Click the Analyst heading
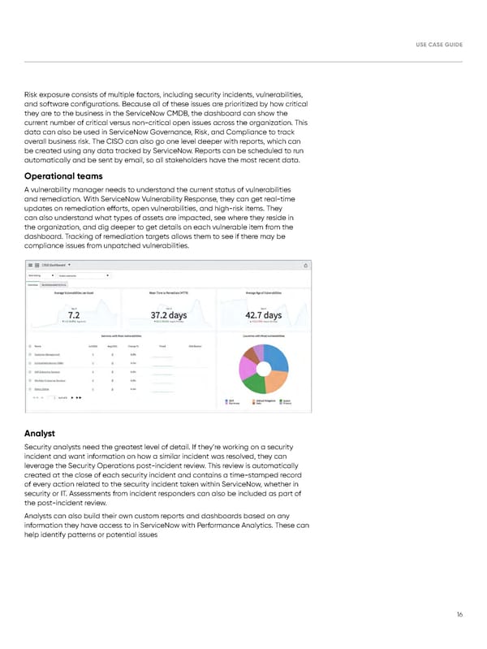[x=41, y=433]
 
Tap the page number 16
[x=459, y=615]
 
